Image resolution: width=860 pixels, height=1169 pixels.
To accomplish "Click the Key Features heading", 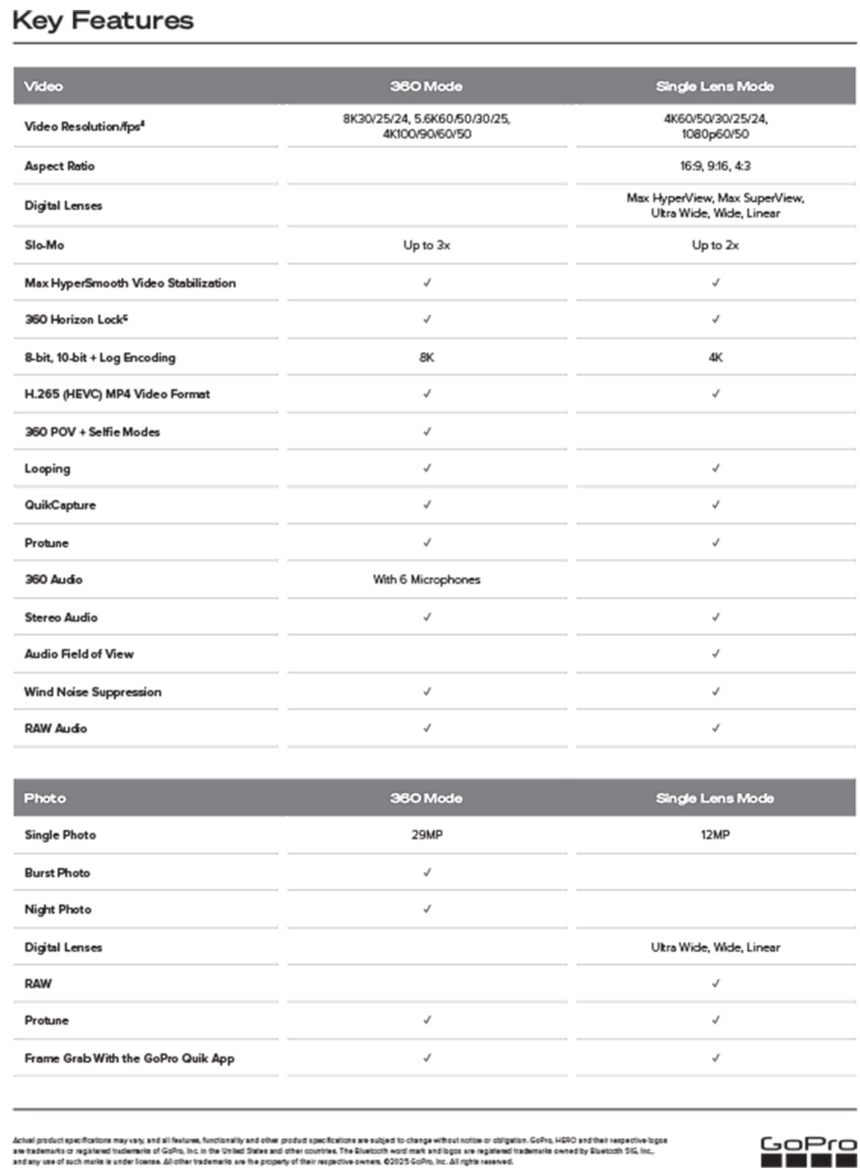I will coord(103,21).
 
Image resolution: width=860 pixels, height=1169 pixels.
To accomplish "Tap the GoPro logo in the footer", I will coord(808,1152).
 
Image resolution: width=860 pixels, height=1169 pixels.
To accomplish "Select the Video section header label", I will coord(44,86).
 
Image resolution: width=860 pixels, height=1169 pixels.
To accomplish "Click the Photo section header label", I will coord(44,798).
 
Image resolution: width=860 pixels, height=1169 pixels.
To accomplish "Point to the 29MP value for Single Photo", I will coord(427,835).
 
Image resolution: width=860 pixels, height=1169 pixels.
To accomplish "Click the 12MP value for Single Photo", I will coord(715,835).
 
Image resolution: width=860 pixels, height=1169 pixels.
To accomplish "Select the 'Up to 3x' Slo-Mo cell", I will coord(427,245).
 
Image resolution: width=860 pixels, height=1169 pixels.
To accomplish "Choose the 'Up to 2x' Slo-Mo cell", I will coord(715,245).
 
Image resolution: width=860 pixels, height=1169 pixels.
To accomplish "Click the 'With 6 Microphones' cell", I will coord(427,579).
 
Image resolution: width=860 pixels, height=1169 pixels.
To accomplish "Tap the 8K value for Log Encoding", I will coord(427,358).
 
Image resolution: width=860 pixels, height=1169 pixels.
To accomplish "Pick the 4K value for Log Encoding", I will coord(715,358).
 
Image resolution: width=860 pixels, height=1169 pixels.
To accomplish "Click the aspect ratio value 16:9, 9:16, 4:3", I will coord(715,166).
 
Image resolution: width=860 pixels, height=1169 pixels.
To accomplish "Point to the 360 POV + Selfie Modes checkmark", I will coord(427,432).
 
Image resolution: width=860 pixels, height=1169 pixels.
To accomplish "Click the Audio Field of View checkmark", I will coord(716,653).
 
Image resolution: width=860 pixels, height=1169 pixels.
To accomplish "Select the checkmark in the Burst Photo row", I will coord(427,873).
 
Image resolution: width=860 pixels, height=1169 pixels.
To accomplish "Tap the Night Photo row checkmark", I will coord(427,909).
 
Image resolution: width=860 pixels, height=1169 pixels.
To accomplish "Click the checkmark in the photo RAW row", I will coord(716,983).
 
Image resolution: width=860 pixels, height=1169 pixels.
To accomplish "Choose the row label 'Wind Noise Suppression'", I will coord(93,692).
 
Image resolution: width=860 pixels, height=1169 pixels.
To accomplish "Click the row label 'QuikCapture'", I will coord(60,505).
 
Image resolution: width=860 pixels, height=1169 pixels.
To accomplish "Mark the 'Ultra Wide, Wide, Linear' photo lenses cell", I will coord(715,947).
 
